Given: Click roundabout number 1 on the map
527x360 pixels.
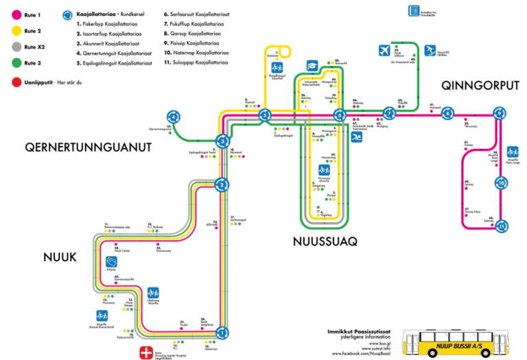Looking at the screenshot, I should (222, 333).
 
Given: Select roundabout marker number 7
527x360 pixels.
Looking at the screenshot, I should (390, 113).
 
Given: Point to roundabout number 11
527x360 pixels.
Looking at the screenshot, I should (502, 225).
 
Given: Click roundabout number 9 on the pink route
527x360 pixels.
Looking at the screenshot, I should (447, 113).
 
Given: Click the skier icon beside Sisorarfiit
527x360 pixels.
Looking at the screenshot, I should (430, 50).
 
